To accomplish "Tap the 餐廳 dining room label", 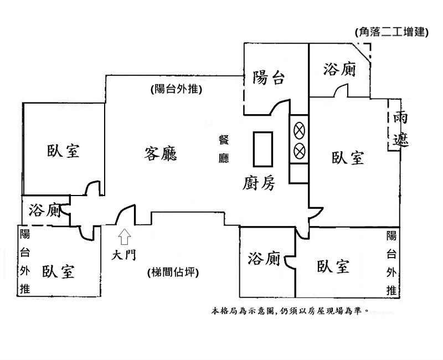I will pos(224,149).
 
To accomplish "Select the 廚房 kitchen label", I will pos(259,183).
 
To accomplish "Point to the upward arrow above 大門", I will pos(125,236).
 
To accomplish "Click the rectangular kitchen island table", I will pos(263,148).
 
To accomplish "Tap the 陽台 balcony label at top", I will pos(269,78).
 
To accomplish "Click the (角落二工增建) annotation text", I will pos(392,33).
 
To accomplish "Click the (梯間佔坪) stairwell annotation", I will pos(173,272).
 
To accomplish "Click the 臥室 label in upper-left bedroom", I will pos(63,151).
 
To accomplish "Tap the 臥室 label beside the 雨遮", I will pos(348,158).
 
